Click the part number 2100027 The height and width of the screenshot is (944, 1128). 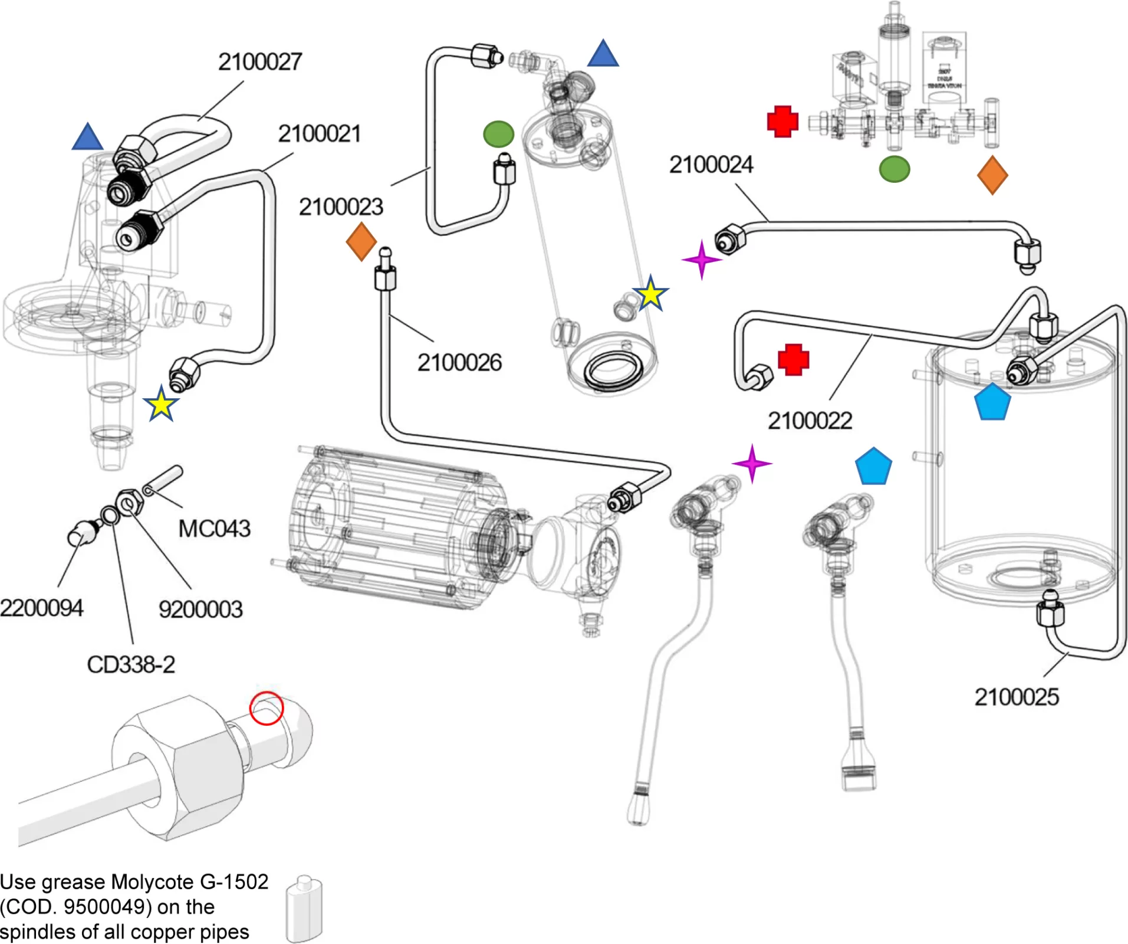pos(260,62)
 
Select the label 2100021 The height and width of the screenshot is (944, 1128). pos(319,134)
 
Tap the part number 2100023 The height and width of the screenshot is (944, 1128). pos(341,207)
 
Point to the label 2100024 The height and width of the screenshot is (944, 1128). pos(711,165)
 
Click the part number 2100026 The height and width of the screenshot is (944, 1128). pos(459,363)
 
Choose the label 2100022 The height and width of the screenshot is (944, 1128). pos(810,421)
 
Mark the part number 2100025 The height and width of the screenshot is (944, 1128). pos(1017,697)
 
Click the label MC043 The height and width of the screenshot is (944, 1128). pos(215,529)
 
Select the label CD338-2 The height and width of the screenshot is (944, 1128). pos(131,665)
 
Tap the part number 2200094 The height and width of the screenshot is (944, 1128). pos(41,608)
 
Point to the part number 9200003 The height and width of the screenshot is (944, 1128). pos(200,609)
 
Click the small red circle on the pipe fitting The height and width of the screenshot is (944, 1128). pos(267,708)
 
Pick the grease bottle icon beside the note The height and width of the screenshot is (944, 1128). pos(304,909)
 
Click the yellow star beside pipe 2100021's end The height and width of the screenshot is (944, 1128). pos(161,404)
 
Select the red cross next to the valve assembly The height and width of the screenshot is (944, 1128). pos(782,122)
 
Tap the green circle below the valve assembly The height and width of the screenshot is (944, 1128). pos(894,169)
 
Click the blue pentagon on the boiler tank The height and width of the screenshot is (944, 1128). pos(993,402)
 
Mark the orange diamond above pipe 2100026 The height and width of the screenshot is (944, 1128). pos(361,241)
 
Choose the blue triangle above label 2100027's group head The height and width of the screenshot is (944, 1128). pos(87,137)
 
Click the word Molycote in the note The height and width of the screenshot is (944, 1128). pos(154,882)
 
